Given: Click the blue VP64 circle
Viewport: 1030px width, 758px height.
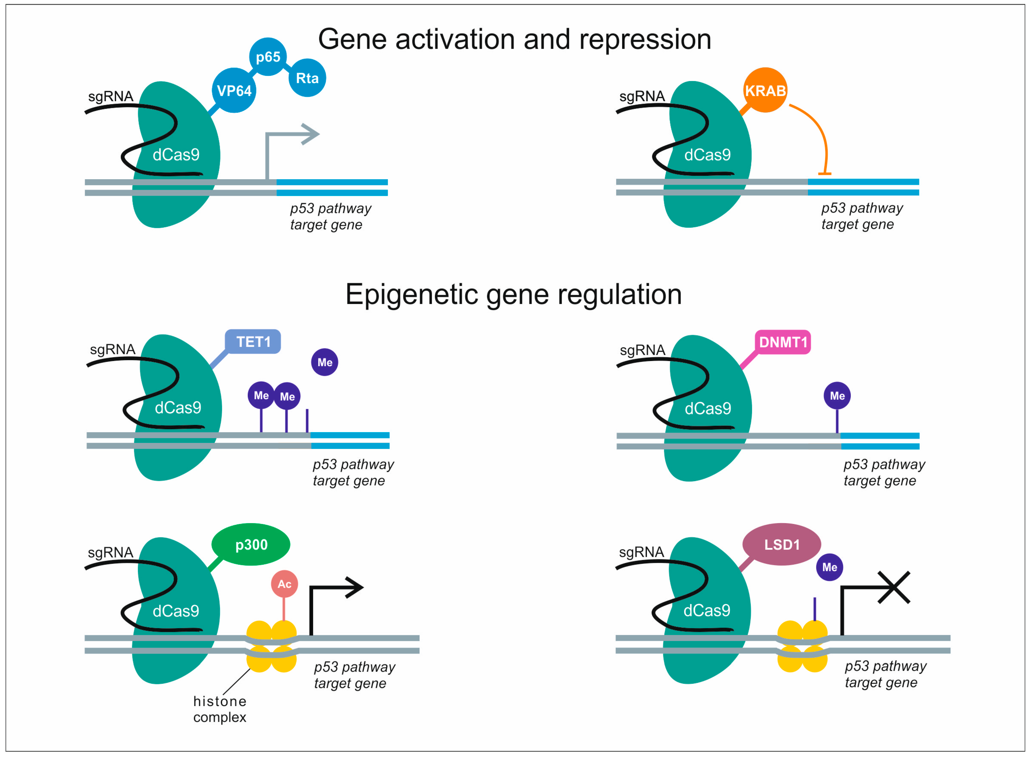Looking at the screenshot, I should tap(234, 90).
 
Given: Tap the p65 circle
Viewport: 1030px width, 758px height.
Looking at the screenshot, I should tap(268, 57).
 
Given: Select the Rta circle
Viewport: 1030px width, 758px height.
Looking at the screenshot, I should tap(307, 78).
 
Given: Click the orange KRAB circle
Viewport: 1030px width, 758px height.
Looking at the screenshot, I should tap(765, 90).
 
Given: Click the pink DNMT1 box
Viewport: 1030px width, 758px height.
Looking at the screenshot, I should tap(783, 342).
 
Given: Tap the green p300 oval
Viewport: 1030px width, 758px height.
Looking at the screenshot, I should tap(251, 545).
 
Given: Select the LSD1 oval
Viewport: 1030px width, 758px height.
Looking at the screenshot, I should tap(782, 545).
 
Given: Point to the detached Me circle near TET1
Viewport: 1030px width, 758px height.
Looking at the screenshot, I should tap(325, 362).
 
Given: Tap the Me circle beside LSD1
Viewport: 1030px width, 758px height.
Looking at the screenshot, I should tap(829, 567).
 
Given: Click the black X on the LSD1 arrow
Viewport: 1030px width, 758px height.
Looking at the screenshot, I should tap(894, 587).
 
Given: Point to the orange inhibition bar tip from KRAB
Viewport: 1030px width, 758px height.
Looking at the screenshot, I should tap(825, 174).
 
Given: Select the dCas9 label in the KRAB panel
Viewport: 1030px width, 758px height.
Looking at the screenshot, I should tap(707, 155).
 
